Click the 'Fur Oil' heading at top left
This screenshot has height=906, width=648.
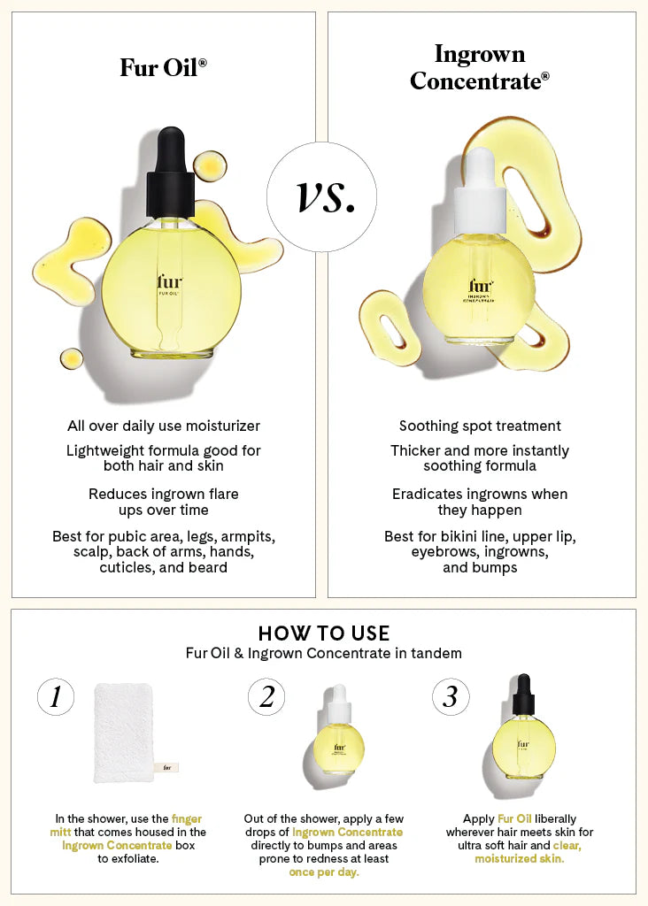coord(163,67)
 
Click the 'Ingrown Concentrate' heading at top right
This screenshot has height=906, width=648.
coord(480,67)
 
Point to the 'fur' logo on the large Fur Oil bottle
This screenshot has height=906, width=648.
coord(169,282)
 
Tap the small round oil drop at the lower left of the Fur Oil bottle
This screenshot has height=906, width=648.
coord(71,359)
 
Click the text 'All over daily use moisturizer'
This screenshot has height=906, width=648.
coord(164,426)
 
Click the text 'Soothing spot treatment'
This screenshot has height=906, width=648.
coord(480,426)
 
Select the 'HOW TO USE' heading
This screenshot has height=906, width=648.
coord(324,633)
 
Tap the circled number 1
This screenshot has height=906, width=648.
coord(56,696)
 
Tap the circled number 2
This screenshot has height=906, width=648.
coord(266,696)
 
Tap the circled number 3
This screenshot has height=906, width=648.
coord(451,696)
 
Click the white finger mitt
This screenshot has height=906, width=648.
coord(136,732)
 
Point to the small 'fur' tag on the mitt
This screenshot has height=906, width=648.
coord(167,767)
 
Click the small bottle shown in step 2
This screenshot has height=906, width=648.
coord(340,731)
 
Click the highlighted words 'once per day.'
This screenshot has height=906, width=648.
coord(324,871)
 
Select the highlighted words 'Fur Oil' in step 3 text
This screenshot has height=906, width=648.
coord(514,818)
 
